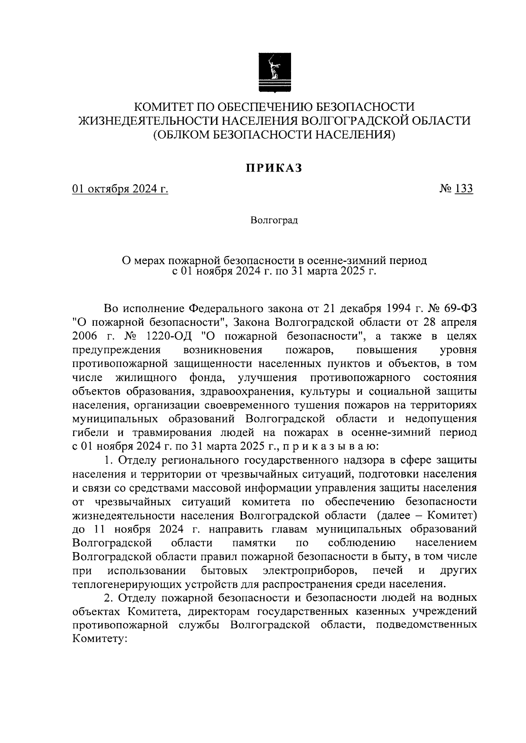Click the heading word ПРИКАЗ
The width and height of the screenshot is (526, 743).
(x=274, y=169)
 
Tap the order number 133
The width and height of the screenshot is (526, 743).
(x=464, y=189)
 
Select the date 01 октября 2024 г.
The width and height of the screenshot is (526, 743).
(x=121, y=189)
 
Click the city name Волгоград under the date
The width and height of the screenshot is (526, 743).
(x=274, y=220)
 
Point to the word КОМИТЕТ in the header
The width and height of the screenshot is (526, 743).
(x=165, y=107)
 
